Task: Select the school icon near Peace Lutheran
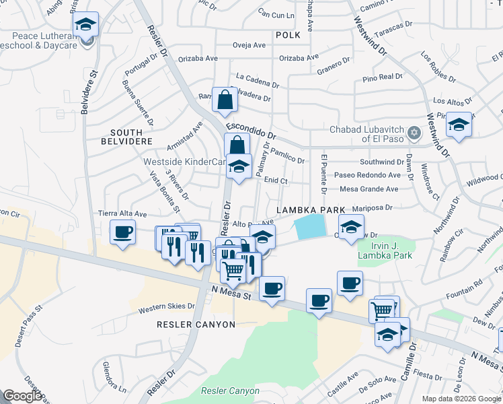85,26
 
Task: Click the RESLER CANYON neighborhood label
196,324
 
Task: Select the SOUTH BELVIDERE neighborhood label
126,137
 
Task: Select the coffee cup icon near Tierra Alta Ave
122,233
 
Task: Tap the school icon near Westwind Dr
459,125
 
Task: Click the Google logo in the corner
23,395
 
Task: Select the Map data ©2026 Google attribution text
461,399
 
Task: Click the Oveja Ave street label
249,46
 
